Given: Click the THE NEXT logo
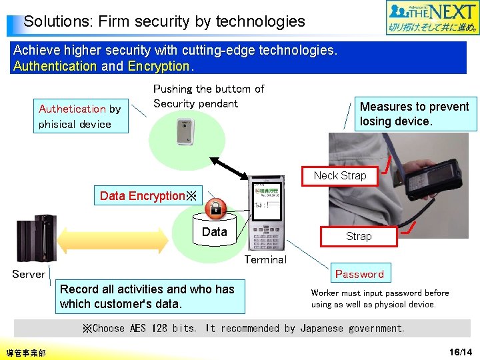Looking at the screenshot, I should (x=433, y=18).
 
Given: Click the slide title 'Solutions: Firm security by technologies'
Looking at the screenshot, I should (x=164, y=21).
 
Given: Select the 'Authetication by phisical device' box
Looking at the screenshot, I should (x=80, y=117).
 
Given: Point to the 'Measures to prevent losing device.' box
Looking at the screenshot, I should (x=415, y=114).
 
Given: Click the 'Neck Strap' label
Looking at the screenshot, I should (x=340, y=175).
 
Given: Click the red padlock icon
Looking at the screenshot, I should (x=216, y=208).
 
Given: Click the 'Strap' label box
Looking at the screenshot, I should (x=359, y=236).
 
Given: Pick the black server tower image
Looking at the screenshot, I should (x=36, y=238).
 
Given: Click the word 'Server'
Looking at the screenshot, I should (x=29, y=274).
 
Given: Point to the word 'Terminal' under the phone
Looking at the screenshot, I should (x=265, y=260).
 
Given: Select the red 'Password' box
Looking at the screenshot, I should (x=359, y=274).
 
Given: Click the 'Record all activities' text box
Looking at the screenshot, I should (x=147, y=297).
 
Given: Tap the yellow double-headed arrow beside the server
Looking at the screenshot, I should (x=114, y=238).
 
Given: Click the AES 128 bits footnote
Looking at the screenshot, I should (x=243, y=328).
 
